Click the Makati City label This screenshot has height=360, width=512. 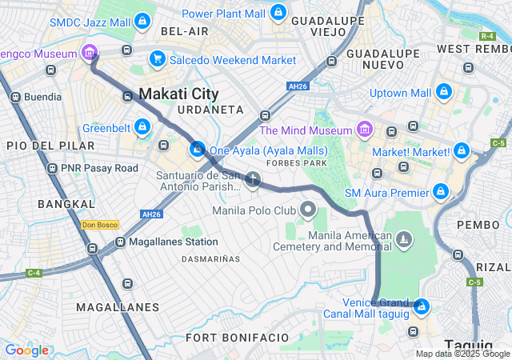178,94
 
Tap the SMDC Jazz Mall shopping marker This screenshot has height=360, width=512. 142,20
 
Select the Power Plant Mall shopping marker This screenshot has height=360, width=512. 277,13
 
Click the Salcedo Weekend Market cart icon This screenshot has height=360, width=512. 157,58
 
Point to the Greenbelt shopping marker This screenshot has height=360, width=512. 142,126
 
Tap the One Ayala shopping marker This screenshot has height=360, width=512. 197,149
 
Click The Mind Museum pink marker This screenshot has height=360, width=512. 364,129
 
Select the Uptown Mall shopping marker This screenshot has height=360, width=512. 444,93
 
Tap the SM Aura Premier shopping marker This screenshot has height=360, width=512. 440,191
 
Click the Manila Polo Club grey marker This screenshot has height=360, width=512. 308,210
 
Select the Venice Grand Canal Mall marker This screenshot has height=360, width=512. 421,306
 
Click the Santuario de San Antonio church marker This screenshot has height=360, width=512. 253,178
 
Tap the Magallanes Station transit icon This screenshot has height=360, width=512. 120,242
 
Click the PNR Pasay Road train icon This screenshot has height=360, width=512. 53,169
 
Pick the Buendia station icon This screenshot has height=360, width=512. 14,97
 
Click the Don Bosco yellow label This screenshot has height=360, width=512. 100,225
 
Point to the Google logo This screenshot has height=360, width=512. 26,350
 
